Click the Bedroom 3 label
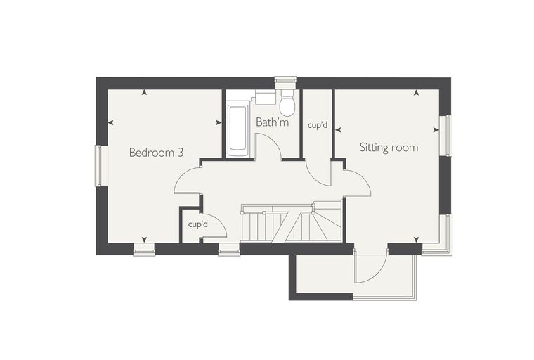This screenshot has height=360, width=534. click(156, 153)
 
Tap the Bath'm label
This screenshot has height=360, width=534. click(272, 122)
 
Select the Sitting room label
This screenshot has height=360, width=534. click(389, 147)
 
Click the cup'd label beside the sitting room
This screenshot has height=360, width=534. click(318, 125)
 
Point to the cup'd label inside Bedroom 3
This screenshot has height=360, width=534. click(198, 224)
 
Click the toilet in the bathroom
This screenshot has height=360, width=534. click(287, 102)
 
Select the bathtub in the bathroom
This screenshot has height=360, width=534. click(238, 128)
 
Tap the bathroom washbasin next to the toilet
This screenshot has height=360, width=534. click(266, 97)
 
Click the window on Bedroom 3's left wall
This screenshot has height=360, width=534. click(99, 166)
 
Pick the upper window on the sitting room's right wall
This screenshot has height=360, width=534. click(445, 136)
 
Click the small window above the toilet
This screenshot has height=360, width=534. click(285, 79)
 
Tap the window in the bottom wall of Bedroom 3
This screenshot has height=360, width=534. click(144, 250)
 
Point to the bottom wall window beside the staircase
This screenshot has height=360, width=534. click(229, 250)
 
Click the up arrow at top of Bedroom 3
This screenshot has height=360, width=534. click(145, 92)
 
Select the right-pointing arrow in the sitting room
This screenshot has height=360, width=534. click(436, 130)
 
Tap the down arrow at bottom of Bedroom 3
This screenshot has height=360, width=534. click(145, 239)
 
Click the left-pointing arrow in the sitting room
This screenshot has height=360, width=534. click(338, 129)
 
